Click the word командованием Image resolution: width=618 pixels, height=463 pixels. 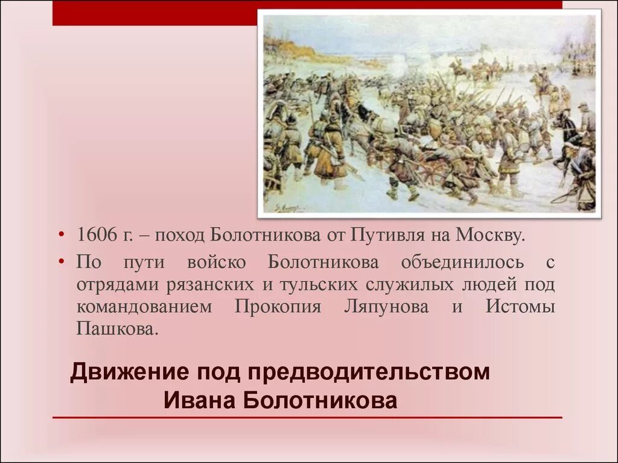144,307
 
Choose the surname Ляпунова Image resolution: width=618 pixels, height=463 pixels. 386,307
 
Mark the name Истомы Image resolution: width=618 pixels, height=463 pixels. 520,307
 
